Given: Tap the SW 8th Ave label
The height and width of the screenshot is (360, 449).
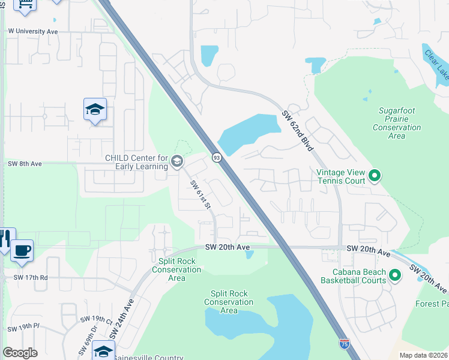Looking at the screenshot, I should point(25,163).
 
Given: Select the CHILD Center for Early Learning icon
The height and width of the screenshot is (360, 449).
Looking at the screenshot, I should point(176,161).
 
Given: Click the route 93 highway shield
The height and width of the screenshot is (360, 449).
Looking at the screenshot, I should point(217,157).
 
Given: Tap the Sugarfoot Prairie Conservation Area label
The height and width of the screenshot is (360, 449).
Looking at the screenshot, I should point(397,123).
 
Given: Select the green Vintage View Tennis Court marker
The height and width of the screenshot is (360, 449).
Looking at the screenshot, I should point(375,176).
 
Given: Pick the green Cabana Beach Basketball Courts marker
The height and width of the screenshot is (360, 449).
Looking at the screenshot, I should point(395,275).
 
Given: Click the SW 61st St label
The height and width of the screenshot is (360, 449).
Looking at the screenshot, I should point(200,194).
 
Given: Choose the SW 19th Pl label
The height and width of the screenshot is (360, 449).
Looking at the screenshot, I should point(24,329).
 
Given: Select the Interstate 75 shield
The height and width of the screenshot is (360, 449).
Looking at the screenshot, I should point(345,343).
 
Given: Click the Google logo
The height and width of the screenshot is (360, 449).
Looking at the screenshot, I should point(20,352).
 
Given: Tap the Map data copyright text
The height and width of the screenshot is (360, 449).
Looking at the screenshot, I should point(423,355).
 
